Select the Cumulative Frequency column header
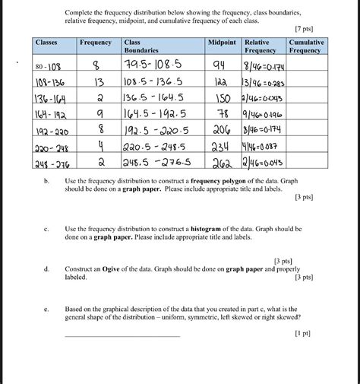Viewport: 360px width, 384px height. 307,46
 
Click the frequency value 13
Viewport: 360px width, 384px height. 97,82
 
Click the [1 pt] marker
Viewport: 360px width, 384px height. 306,333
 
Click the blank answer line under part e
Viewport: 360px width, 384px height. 123,336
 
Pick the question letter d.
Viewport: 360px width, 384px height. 46,269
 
